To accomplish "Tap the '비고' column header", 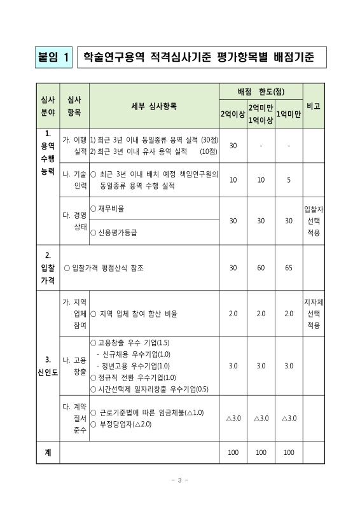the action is [313, 106].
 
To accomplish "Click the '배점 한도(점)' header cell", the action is [260, 92].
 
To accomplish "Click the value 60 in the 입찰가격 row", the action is [261, 268].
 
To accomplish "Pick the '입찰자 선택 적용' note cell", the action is [313, 221].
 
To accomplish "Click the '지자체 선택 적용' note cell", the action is [313, 313].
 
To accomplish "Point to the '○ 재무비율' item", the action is [107, 209].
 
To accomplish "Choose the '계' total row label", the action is [48, 452].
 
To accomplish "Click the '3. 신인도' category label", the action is [48, 366].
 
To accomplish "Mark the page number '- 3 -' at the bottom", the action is [180, 480].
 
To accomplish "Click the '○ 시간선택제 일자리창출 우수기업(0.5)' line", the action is [149, 389].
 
